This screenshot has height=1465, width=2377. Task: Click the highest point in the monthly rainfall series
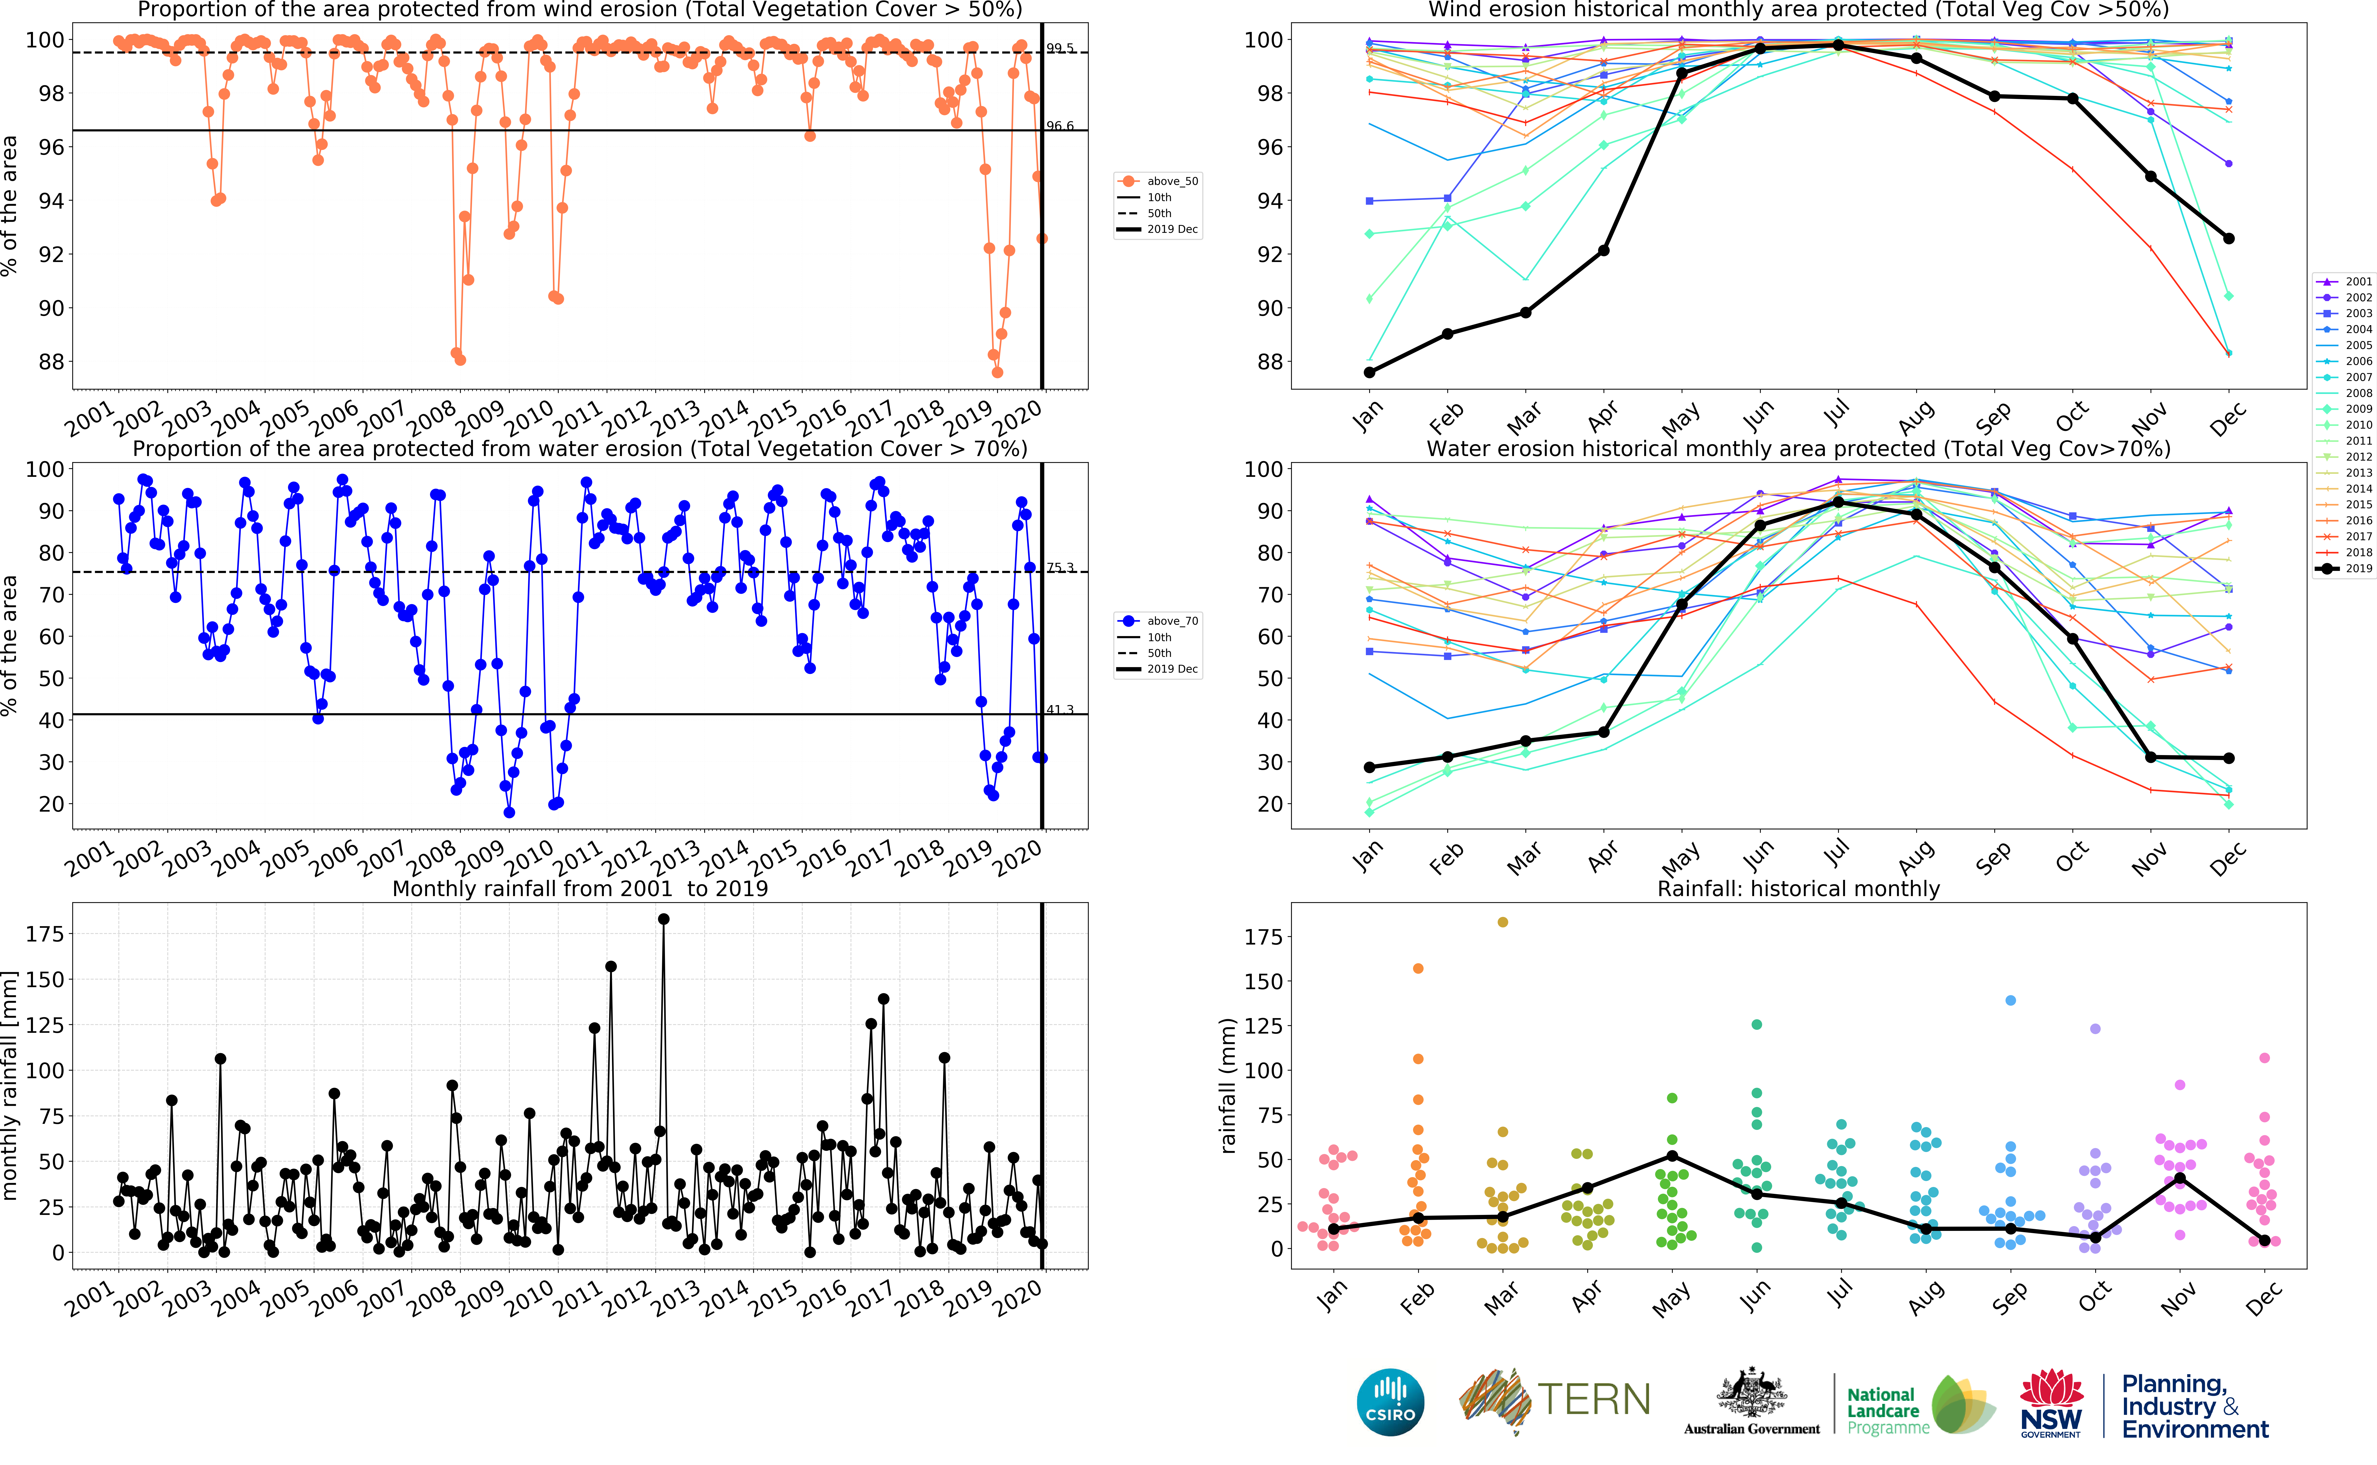point(663,919)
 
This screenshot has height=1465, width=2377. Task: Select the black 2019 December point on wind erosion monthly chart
point(2229,238)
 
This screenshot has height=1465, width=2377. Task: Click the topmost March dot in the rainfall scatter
point(1502,922)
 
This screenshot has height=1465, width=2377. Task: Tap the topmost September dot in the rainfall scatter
point(2011,1000)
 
